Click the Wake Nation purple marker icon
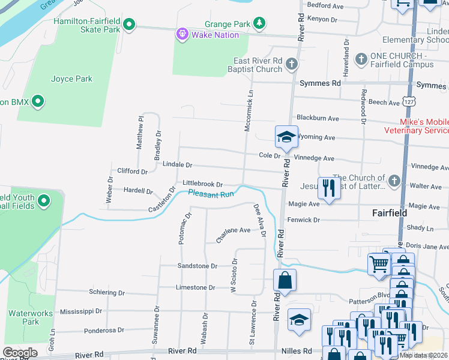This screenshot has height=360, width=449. coord(182,35)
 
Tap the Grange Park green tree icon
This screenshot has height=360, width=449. coord(259,23)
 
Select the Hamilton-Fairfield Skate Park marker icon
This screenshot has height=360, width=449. coord(128,25)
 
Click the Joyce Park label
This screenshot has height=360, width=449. coord(71,79)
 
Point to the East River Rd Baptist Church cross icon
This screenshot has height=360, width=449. coord(292,64)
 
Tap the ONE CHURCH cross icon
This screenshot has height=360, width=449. coord(361,59)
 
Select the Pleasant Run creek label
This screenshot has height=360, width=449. coord(211,194)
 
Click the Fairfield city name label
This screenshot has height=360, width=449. coord(389,213)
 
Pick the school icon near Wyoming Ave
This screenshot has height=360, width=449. coord(286,137)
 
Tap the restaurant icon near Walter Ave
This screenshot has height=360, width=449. coord(328,188)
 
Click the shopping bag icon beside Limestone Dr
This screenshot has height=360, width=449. coord(284,280)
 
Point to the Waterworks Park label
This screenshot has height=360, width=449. coord(23,317)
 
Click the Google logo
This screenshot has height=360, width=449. coord(20,352)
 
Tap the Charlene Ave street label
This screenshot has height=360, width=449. coord(233,230)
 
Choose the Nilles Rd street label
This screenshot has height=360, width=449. coord(298,351)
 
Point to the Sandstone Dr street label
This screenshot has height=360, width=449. coord(197,266)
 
